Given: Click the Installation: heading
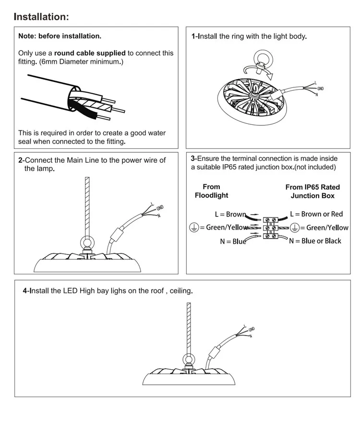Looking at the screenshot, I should coord(41,17).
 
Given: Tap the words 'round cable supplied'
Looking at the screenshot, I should coord(90,53).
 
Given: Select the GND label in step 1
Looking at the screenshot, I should coord(320,89).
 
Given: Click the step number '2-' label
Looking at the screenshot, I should coord(21,160).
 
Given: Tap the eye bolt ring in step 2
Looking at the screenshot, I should coord(87,243).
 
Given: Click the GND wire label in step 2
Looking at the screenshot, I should coord(160,207).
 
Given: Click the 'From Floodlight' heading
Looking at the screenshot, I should coord(211,191).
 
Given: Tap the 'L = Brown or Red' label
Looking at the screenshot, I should coord(316,214).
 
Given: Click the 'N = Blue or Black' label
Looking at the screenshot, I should coord(315,241).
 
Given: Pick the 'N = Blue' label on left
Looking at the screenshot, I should coord(233,242).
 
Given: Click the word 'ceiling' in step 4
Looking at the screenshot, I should coord(182,291).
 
